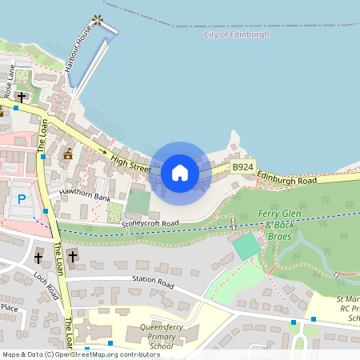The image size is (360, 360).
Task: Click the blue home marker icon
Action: [x=179, y=173]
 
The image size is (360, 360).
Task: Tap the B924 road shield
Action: [x=242, y=166]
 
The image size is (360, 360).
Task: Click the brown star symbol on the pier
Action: [x=98, y=18]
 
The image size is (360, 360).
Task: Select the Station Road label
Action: [x=154, y=281]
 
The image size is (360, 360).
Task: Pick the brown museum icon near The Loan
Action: [x=68, y=154]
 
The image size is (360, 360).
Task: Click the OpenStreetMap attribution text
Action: [x=81, y=354]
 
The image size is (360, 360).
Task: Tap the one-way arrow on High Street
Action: [x=102, y=150]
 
